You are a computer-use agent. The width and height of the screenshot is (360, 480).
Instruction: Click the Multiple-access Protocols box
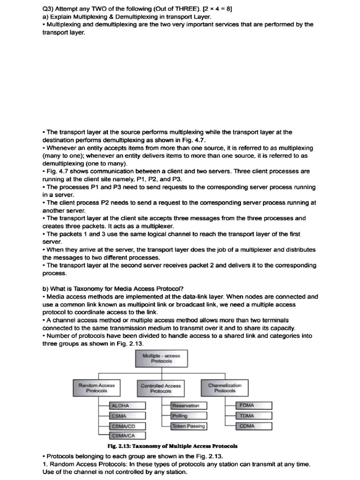coord(161,359)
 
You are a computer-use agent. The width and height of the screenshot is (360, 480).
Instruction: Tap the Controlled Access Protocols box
coord(161,388)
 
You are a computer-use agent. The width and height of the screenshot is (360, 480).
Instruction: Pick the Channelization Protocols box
coord(225,388)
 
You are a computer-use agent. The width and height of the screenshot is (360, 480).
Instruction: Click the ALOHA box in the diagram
coord(127,405)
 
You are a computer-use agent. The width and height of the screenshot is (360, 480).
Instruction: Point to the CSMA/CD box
coord(127,426)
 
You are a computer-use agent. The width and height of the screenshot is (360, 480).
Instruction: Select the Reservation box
coord(188,405)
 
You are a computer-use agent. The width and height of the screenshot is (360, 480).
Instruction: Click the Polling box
coord(188,416)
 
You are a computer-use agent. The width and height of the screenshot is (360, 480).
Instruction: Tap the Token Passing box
coord(188,426)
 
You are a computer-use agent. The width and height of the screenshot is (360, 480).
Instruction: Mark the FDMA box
coord(255,405)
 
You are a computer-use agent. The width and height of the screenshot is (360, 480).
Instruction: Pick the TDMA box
coord(255,416)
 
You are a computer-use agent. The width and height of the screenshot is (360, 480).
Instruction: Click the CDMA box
coord(255,426)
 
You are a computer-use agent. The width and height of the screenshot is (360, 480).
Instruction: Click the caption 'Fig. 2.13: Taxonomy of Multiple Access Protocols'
coord(172,446)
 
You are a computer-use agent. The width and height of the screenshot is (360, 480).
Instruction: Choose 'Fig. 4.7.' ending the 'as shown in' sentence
coord(194,140)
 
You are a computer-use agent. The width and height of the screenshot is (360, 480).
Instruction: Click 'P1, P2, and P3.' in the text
coord(160,179)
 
